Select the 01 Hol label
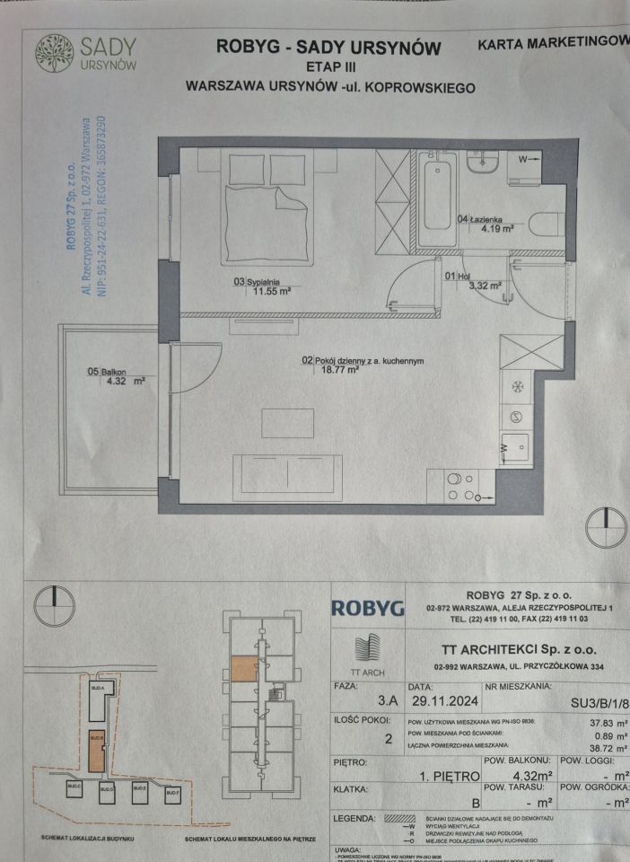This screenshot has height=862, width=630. [457, 277]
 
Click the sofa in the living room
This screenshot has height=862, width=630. [287, 474]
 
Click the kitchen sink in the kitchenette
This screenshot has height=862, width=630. [515, 446]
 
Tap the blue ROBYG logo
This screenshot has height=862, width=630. [368, 608]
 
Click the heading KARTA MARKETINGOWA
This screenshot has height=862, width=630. [552, 42]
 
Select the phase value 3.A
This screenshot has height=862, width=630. [389, 705]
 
